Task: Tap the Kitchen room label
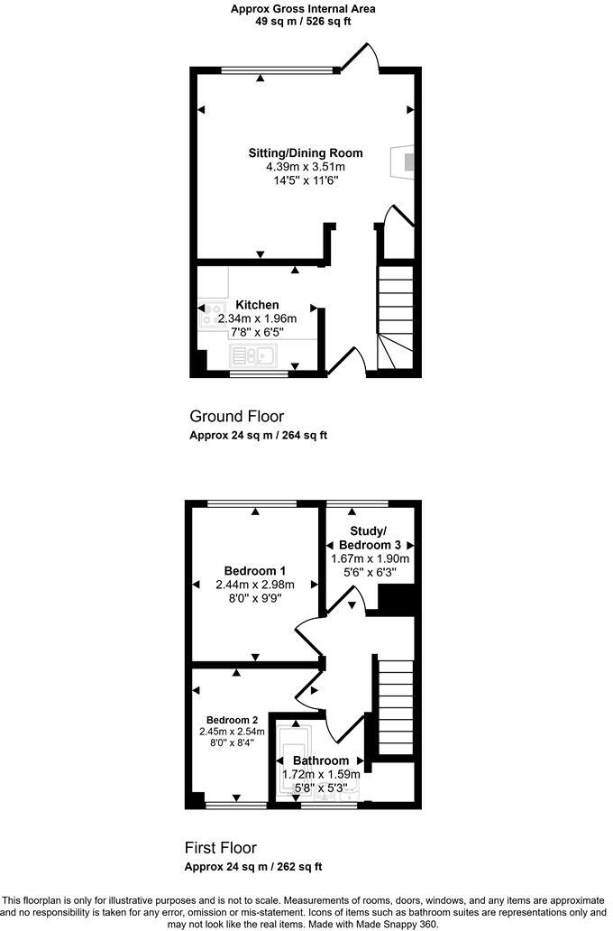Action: (257, 305)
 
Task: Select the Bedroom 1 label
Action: (255, 570)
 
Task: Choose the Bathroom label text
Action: (321, 760)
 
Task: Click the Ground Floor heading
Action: (236, 416)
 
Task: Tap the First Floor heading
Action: (221, 848)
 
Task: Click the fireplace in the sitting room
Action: (405, 161)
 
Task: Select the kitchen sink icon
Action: (256, 355)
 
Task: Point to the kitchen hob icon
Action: (213, 313)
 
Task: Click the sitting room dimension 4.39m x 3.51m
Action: (305, 167)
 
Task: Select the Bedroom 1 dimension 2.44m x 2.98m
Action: (255, 585)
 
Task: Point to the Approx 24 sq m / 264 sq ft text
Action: (258, 435)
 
